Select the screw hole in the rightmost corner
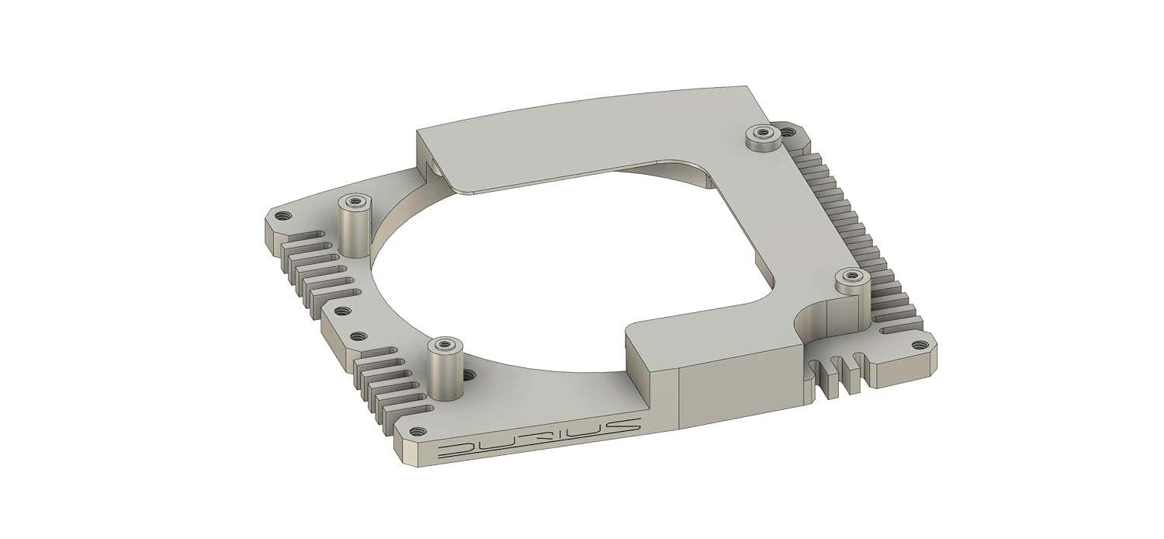(x=919, y=345)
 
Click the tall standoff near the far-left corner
(x=355, y=225)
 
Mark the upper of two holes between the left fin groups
(x=339, y=311)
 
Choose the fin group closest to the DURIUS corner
(x=388, y=388)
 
